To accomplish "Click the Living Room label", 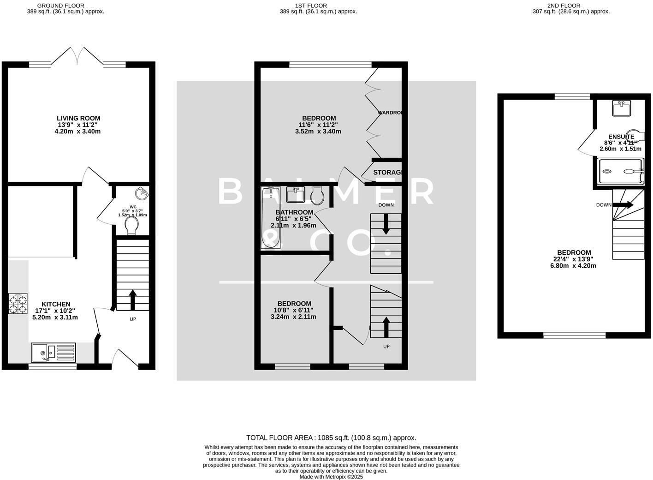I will [x=78, y=118].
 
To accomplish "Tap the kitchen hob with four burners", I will [x=18, y=304].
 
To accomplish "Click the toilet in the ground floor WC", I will [x=131, y=226].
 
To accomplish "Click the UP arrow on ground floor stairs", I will [x=133, y=300].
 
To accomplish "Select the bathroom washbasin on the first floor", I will [x=295, y=194].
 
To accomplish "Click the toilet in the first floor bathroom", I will [x=317, y=196].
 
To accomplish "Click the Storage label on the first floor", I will [x=387, y=173].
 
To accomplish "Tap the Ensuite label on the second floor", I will [x=621, y=137].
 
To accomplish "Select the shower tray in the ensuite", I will [x=620, y=172].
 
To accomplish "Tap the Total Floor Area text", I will [x=331, y=438].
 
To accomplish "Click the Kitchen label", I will [x=56, y=304].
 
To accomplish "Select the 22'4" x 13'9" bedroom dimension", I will [x=574, y=259].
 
